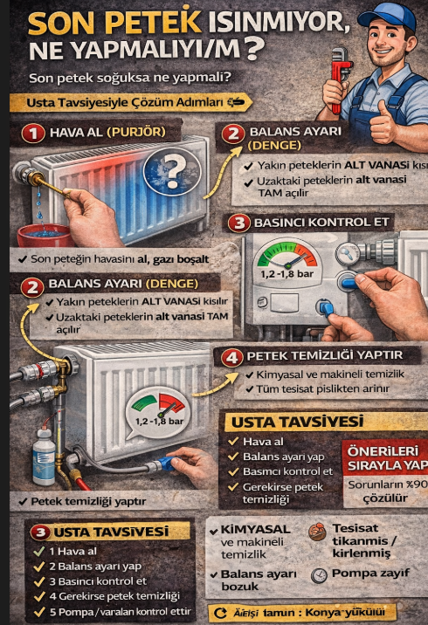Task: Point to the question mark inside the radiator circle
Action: [x=175, y=166]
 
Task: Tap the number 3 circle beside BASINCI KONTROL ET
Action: [x=237, y=223]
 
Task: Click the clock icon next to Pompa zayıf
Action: [x=319, y=574]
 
